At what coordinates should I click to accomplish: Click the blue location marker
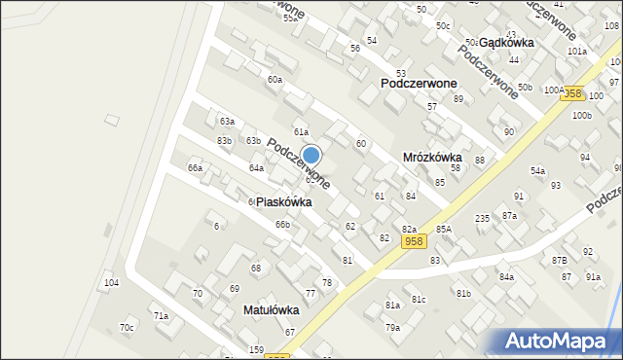[311, 155]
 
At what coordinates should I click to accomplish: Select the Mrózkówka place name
[437, 157]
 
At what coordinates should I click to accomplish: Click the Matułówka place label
[270, 310]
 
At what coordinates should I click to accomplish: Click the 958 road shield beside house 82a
[413, 241]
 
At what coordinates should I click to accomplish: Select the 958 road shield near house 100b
[572, 93]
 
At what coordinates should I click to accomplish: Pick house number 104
[112, 282]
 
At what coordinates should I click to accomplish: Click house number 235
[482, 219]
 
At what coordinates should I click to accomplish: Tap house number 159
[256, 349]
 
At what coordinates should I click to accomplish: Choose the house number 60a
[275, 80]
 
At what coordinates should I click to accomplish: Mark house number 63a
[227, 122]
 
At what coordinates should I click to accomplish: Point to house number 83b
[225, 141]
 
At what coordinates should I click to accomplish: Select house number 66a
[196, 168]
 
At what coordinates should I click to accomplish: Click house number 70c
[127, 328]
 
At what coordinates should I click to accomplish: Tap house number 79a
[392, 328]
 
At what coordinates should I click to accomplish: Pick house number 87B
[559, 261]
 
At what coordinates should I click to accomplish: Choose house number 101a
[577, 51]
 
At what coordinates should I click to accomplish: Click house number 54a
[537, 171]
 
